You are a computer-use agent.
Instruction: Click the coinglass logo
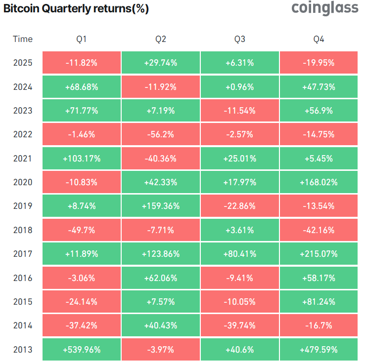[324, 8]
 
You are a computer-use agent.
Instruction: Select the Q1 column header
[82, 39]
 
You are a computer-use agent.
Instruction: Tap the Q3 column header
[239, 39]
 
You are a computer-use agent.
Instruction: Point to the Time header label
[23, 39]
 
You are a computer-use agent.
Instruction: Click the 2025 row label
[23, 63]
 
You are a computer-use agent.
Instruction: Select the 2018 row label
[23, 230]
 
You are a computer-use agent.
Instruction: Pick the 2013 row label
[23, 350]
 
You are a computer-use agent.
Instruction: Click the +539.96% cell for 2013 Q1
[82, 350]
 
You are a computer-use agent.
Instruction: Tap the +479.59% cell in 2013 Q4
[319, 350]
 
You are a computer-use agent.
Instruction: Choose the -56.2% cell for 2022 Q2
[161, 134]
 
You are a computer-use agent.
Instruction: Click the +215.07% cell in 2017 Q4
[319, 254]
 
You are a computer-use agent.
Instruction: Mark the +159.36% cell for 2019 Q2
[161, 206]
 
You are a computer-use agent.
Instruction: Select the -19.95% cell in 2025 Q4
[319, 63]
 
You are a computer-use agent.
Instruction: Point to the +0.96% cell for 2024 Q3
[239, 87]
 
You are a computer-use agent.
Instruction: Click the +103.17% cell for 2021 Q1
[82, 159]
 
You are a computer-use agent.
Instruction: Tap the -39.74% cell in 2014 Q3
[239, 325]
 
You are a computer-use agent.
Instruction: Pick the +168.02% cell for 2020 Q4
[319, 182]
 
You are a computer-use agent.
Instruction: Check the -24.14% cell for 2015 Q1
[82, 302]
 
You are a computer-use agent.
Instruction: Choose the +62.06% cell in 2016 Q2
[161, 278]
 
